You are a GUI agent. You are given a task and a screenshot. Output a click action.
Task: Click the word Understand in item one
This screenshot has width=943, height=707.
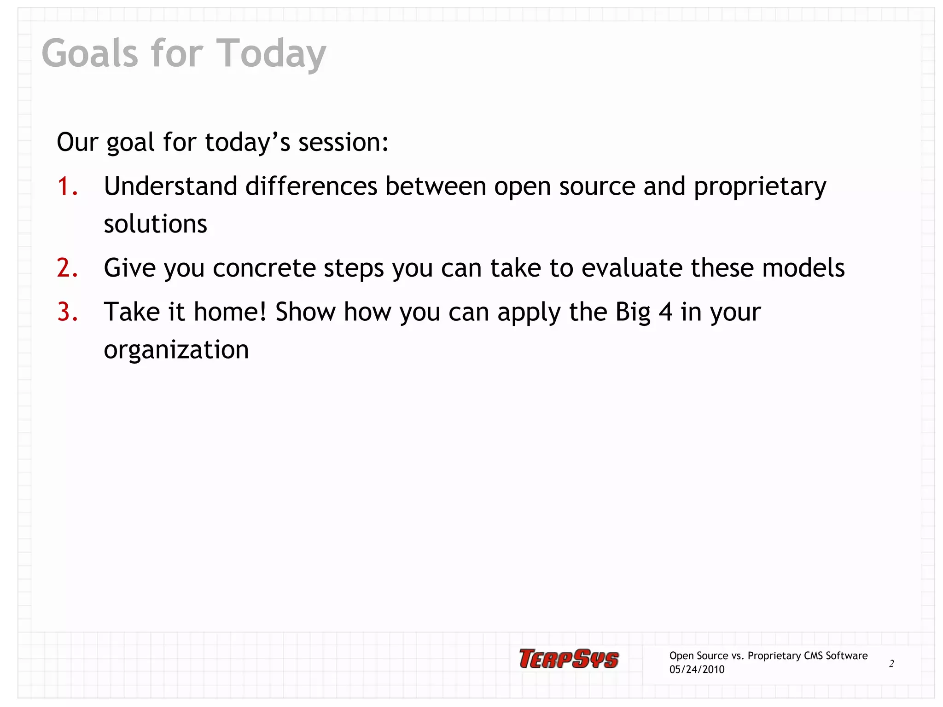(x=170, y=186)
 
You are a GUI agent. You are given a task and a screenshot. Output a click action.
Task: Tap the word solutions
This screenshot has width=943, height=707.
(x=155, y=224)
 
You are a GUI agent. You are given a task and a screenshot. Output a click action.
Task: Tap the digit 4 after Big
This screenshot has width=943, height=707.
(x=665, y=312)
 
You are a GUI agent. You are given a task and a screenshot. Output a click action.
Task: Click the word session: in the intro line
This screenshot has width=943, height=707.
(x=343, y=142)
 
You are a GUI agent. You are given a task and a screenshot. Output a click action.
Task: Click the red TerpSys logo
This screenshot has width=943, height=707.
(x=569, y=659)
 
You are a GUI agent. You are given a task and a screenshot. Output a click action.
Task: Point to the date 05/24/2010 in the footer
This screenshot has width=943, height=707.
(x=697, y=670)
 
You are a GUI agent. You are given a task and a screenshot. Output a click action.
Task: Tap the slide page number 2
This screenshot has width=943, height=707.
(x=891, y=664)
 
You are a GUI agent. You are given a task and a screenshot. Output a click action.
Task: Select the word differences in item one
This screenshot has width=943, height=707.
(x=311, y=186)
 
